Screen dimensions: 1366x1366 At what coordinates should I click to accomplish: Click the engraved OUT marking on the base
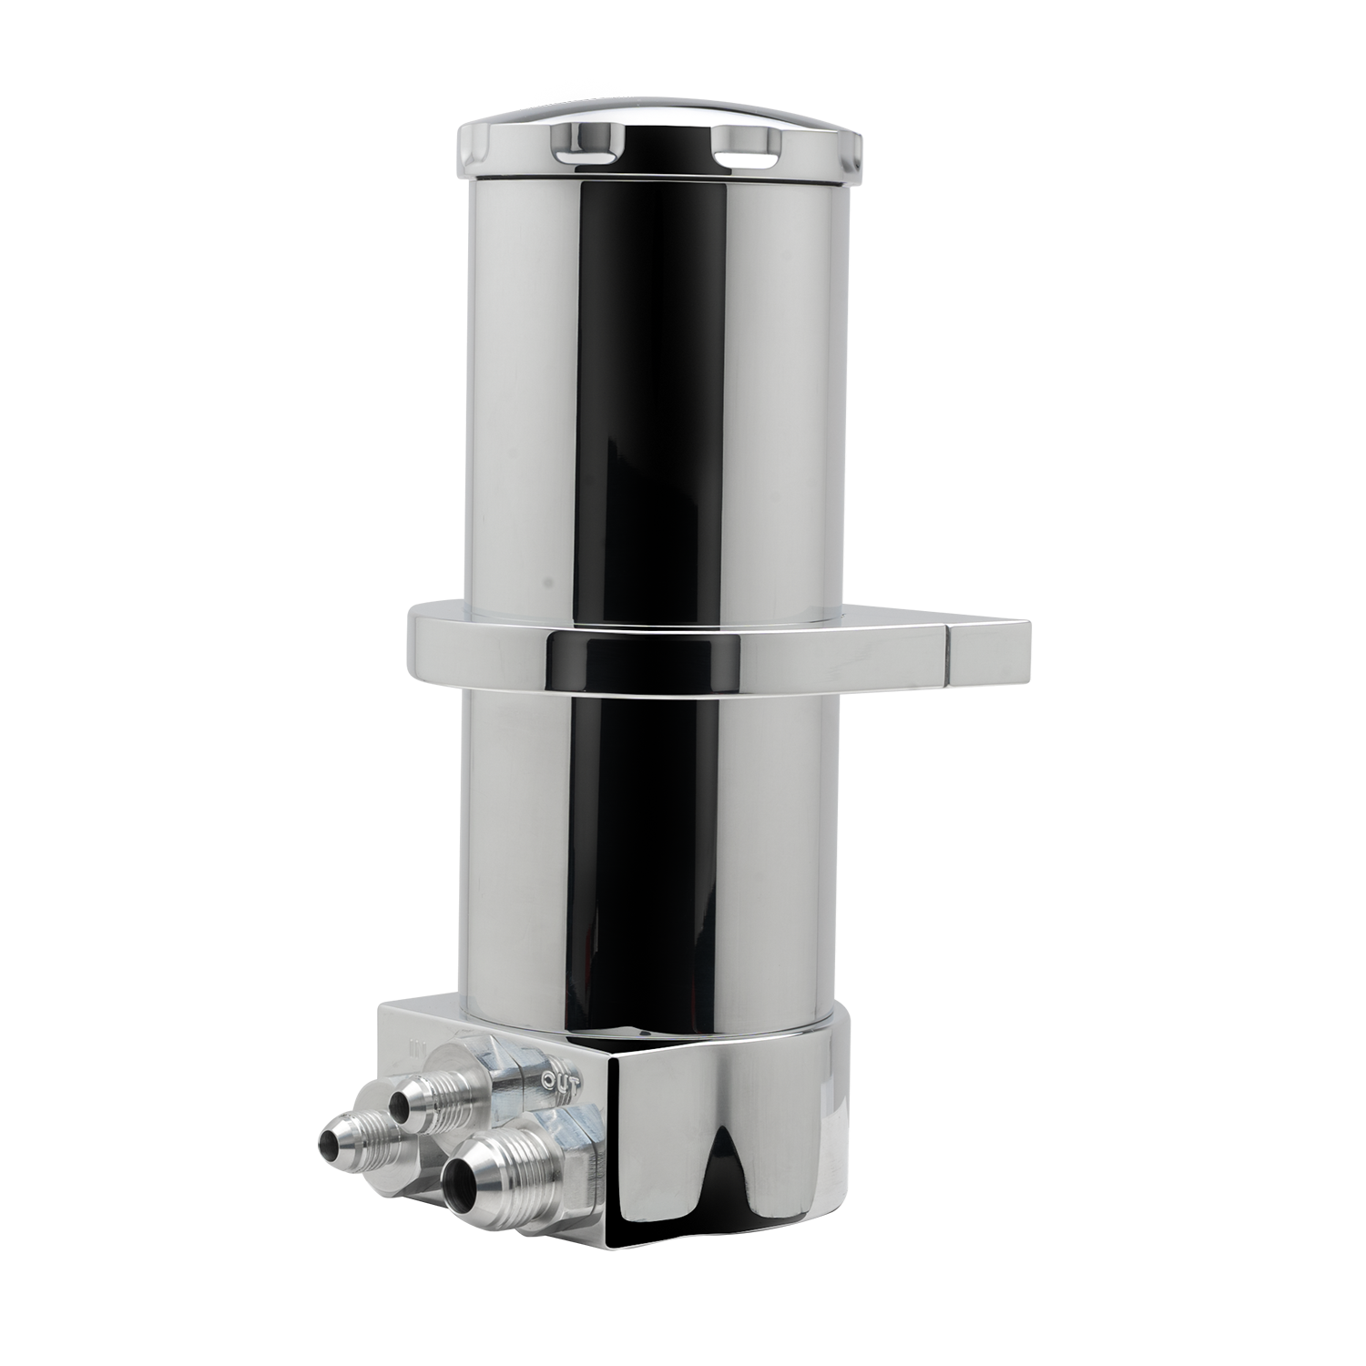pos(560,1082)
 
